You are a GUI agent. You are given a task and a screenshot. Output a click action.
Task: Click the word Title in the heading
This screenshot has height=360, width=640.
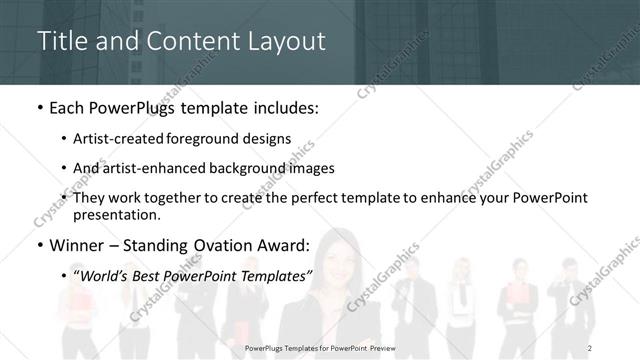pyautogui.click(x=60, y=41)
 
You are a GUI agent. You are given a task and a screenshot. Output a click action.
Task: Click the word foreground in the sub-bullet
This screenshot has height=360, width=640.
pyautogui.click(x=227, y=140)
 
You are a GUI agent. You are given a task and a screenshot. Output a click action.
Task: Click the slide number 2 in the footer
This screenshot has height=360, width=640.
pyautogui.click(x=590, y=347)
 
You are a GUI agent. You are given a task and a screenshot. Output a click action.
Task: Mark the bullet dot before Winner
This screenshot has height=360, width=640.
pyautogui.click(x=39, y=246)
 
